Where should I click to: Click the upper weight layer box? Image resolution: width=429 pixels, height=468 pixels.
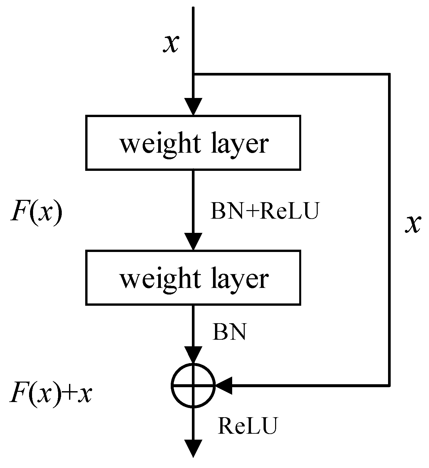click(193, 142)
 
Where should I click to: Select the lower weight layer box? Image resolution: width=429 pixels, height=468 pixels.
click(193, 277)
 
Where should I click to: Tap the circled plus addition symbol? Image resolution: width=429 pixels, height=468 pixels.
click(193, 385)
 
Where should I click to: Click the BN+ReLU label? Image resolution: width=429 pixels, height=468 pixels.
click(265, 212)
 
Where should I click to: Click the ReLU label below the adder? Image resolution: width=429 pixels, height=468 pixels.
click(247, 426)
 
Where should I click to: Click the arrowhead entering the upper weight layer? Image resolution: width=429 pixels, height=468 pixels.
click(193, 107)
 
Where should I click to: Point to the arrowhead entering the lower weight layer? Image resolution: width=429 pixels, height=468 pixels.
click(193, 241)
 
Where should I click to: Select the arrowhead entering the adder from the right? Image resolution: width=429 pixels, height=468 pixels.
click(225, 385)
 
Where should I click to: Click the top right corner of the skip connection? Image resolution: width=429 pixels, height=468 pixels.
click(390, 75)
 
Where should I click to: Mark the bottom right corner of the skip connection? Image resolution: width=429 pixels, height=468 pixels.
click(390, 385)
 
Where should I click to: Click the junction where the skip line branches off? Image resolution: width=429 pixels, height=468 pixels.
click(193, 75)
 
